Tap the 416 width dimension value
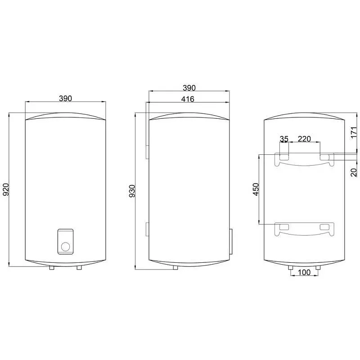click(x=188, y=99)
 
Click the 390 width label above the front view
click(x=65, y=98)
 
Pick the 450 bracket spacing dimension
click(x=256, y=189)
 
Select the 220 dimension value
click(x=305, y=139)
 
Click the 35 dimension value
click(x=283, y=139)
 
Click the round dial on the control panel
click(x=65, y=246)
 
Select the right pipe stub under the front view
click(x=79, y=268)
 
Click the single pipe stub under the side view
click(x=175, y=268)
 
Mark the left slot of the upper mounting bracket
click(x=283, y=157)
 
